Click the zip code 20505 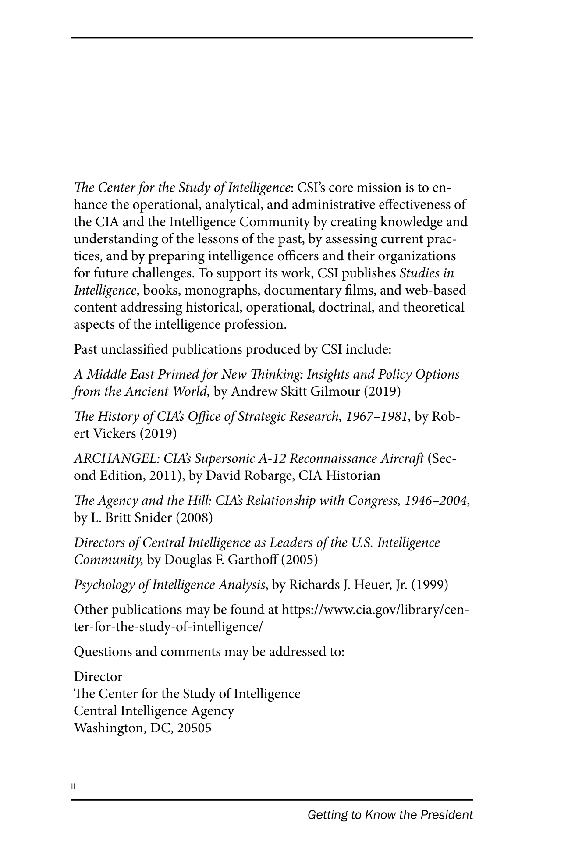194,728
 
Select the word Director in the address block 98,677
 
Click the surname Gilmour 335,391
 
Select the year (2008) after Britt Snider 194,518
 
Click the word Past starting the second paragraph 85,349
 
